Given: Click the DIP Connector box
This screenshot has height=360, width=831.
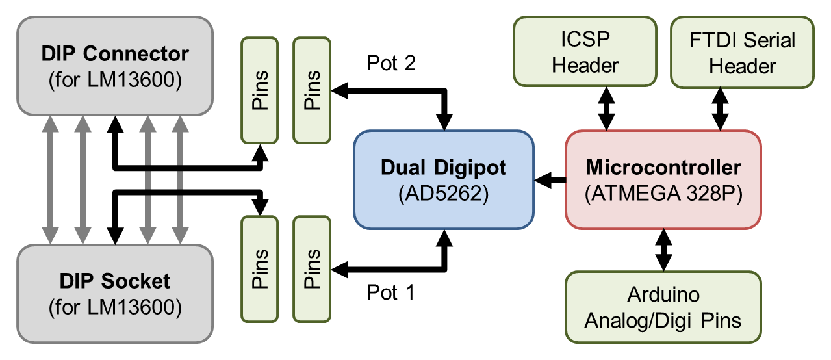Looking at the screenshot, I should click(x=115, y=65).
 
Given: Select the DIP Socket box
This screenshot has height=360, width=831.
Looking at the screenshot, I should click(x=115, y=293).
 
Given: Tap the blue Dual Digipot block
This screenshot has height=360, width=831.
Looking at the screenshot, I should click(x=443, y=179).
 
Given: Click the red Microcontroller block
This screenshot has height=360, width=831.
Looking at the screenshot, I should click(x=663, y=179).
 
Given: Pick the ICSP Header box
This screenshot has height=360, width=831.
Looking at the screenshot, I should click(x=585, y=52).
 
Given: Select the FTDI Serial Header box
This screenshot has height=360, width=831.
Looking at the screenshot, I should click(x=742, y=52).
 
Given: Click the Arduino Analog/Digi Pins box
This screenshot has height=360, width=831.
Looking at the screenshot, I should click(x=663, y=307).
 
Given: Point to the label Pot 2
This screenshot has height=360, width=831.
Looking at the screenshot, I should click(x=391, y=63).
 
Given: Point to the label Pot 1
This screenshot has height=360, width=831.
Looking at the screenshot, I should click(x=390, y=293).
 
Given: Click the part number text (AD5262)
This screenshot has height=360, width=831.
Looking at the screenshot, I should click(x=443, y=193).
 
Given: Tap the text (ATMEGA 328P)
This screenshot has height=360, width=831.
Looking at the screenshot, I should click(x=663, y=193).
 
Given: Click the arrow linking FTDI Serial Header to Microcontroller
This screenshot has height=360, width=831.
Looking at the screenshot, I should click(x=720, y=109).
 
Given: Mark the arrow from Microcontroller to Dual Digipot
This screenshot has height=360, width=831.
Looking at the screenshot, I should click(x=550, y=179).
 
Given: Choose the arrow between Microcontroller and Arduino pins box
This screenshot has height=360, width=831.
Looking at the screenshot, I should click(x=663, y=250).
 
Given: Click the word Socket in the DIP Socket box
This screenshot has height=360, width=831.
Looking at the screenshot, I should click(x=136, y=281).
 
